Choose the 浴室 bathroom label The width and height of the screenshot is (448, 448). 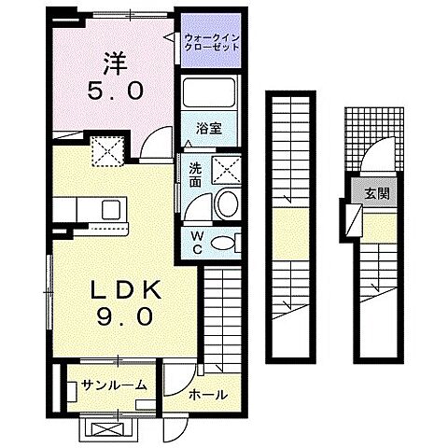[x=208, y=129]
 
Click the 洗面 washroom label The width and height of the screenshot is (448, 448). [x=196, y=174]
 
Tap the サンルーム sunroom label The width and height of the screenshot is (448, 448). [x=114, y=385]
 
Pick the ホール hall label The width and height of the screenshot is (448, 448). [x=206, y=394]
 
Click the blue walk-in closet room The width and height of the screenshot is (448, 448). [x=214, y=44]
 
